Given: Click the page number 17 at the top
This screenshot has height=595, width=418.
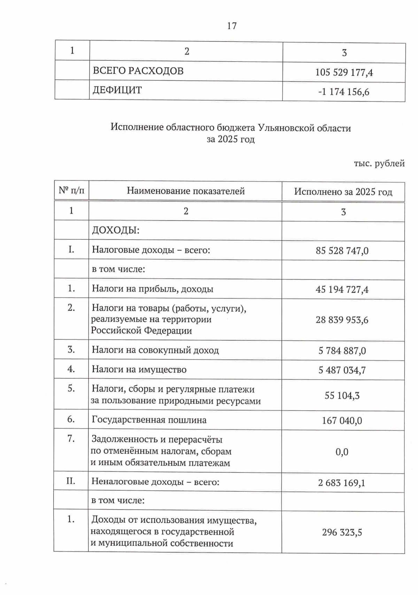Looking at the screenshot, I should coord(232,26).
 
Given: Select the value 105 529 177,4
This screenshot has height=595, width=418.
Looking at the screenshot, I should coord(344,73).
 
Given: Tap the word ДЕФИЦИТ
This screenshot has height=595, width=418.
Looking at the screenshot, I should coord(117,90).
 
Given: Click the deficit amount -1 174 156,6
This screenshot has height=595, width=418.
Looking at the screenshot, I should coord(343,92).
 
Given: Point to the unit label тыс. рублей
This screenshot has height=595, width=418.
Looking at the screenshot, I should coord(379,163).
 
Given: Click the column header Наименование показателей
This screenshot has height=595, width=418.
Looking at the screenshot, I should coord(185,191).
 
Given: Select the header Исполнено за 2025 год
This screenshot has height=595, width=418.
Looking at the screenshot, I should coord(343,192).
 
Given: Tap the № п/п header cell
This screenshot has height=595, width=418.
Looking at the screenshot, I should coord(71,190).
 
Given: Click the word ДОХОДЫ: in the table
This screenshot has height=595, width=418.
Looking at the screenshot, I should coord(115,230).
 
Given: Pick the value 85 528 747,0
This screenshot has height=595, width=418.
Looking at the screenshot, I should coord(342,251).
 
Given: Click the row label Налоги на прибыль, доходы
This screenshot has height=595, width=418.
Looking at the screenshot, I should coord(152,289).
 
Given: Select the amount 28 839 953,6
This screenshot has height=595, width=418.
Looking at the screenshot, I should coord(342,320).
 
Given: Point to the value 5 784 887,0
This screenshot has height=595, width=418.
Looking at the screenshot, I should coord(342,351).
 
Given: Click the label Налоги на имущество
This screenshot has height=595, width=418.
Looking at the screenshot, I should coord(139,369).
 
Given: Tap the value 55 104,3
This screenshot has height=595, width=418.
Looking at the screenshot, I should coord(342,396).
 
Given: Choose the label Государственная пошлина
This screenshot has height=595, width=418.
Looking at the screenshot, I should coord(149,420).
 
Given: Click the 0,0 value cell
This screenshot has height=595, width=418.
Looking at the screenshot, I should coord(342,452).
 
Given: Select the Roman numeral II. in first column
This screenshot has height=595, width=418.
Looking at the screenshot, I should coord(71,481).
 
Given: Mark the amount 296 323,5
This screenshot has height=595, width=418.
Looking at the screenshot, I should coord(342,533).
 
